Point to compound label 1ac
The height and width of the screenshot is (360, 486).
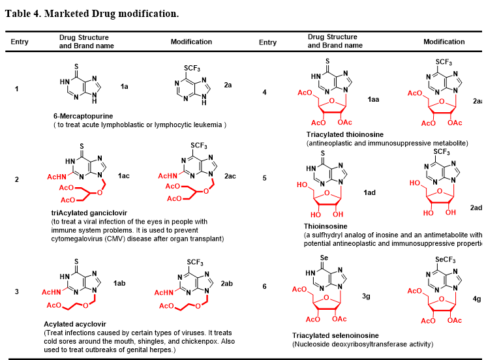(x=124, y=176)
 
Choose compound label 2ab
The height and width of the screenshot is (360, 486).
(x=226, y=284)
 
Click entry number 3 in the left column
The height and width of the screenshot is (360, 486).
(x=17, y=291)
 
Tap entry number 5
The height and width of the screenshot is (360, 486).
(x=264, y=177)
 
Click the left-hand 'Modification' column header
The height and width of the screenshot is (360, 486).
(x=191, y=42)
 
